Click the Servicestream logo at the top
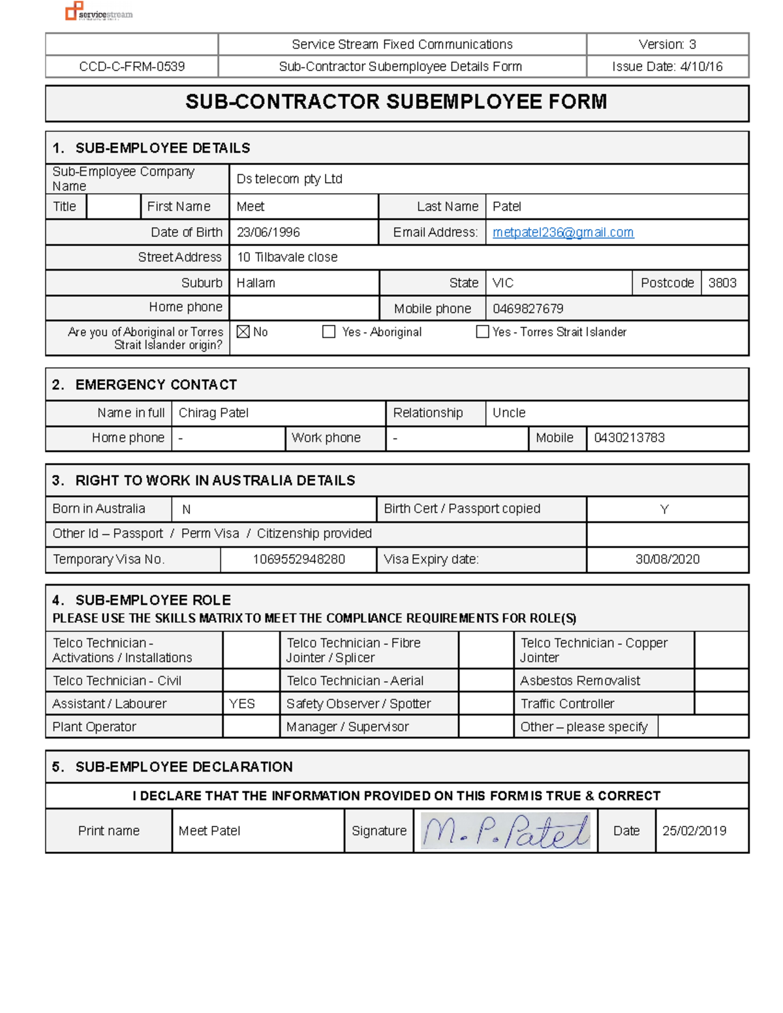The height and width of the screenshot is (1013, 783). (x=99, y=12)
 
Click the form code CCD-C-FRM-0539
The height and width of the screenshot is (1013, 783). (x=132, y=67)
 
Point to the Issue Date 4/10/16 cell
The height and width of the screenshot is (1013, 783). (x=667, y=67)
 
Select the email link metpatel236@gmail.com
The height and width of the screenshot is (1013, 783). (x=563, y=232)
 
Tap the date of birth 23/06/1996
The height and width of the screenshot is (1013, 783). (x=268, y=232)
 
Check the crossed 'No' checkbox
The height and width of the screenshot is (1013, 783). (x=243, y=332)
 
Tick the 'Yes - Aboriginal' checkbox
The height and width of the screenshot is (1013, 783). (x=329, y=332)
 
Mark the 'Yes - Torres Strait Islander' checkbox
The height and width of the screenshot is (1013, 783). (x=483, y=332)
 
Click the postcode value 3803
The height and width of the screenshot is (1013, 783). (x=722, y=283)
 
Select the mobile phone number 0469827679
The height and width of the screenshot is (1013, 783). (x=528, y=309)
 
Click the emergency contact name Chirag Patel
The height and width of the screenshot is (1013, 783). (x=213, y=413)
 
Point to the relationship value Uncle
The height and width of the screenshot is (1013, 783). (x=509, y=413)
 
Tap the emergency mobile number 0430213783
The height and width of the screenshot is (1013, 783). (x=629, y=438)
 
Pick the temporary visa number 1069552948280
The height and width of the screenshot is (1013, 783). (x=299, y=559)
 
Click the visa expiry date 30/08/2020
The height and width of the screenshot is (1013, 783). (x=668, y=559)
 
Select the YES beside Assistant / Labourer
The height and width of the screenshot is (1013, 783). (x=242, y=704)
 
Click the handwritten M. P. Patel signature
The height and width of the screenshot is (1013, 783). (x=506, y=831)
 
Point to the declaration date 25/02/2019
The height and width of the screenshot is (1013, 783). (x=694, y=831)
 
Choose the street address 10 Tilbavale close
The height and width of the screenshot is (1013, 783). (x=287, y=258)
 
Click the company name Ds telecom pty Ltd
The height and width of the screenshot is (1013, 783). (x=289, y=179)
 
